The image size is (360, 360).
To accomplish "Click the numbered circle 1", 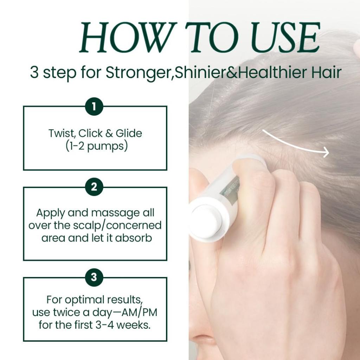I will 94,107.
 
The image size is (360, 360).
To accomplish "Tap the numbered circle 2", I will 94,187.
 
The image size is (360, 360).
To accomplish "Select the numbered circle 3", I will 94,277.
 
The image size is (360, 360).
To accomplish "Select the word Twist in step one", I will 62,134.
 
